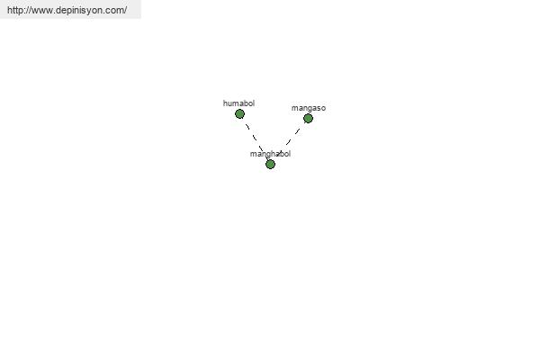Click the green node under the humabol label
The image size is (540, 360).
click(x=239, y=113)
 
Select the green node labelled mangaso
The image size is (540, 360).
click(x=308, y=119)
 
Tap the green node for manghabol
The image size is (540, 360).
click(x=270, y=165)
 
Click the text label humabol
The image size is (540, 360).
click(x=238, y=103)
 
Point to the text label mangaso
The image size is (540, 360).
click(x=309, y=108)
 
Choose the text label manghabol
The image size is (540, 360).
click(x=270, y=154)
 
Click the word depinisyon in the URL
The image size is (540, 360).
click(x=79, y=10)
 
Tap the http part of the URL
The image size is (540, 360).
click(x=14, y=10)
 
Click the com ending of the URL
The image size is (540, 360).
click(x=114, y=11)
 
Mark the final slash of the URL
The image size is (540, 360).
click(x=125, y=10)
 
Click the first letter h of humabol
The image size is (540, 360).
click(x=225, y=103)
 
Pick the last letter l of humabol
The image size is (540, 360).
click(x=254, y=103)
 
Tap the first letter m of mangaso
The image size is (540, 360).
click(x=294, y=109)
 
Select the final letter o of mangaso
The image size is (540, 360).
click(x=323, y=109)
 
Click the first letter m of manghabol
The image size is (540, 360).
click(x=253, y=154)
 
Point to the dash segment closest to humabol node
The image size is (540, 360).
click(x=247, y=126)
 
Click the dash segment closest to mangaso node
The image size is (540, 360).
click(x=297, y=130)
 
